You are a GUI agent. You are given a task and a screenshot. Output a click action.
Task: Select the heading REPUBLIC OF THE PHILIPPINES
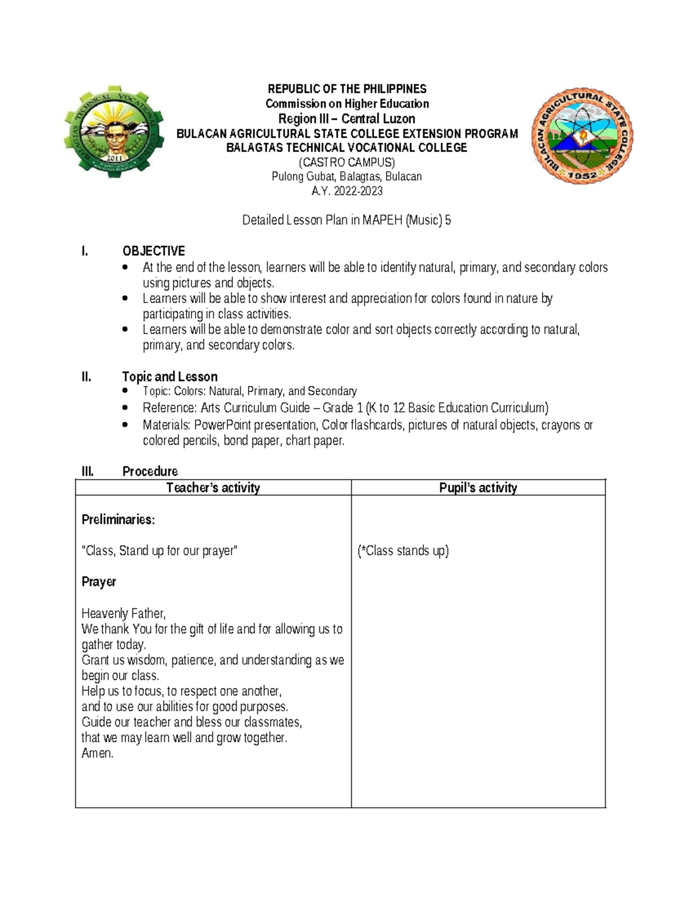click(x=346, y=89)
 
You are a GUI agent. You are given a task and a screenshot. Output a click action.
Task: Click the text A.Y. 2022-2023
click(x=346, y=191)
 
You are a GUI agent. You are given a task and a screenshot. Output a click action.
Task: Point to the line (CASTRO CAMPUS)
click(x=346, y=162)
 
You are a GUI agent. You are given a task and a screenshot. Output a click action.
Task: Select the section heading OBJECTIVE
click(x=153, y=251)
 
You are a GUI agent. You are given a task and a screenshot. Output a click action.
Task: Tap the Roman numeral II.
click(x=87, y=377)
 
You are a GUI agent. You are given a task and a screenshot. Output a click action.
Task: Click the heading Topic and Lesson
click(x=169, y=377)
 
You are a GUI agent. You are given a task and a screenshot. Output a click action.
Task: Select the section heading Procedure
click(x=150, y=471)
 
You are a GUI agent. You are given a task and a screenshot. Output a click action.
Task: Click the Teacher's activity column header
click(x=213, y=488)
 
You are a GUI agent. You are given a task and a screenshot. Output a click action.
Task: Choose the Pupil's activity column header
click(x=478, y=488)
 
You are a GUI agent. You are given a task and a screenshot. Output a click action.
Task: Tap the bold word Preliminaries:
click(x=118, y=520)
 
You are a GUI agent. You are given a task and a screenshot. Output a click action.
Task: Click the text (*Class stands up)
click(x=403, y=551)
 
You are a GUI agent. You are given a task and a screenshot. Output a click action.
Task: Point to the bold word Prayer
click(x=99, y=582)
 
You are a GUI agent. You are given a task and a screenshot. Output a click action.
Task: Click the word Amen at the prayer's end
click(x=97, y=753)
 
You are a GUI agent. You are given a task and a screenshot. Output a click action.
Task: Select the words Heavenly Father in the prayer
click(x=123, y=614)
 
